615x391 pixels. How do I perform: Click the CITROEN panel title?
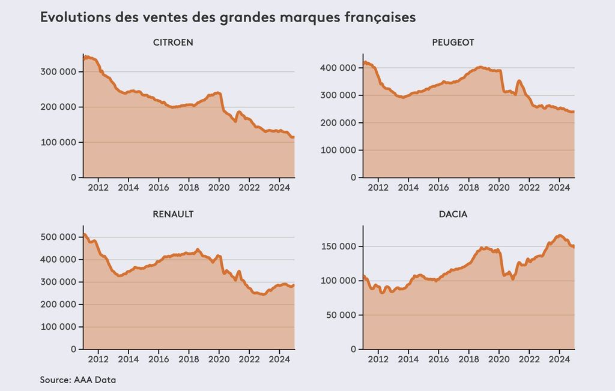[x=173, y=43]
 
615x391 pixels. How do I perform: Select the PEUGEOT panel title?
[x=453, y=43]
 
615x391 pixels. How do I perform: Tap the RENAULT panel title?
[x=173, y=214]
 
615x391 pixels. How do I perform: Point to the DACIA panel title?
[x=453, y=214]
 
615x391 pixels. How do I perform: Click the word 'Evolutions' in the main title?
[x=74, y=17]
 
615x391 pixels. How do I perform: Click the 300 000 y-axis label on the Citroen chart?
[x=59, y=72]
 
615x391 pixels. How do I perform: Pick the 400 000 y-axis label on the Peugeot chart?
[x=339, y=68]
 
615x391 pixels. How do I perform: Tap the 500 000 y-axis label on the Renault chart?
[x=59, y=237]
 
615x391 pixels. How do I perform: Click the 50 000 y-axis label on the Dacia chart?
[x=341, y=315]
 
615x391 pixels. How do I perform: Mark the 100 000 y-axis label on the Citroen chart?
[x=59, y=143]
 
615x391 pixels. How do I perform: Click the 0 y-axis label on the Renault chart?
[x=73, y=349]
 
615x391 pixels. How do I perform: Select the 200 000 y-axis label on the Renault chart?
[x=59, y=304]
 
